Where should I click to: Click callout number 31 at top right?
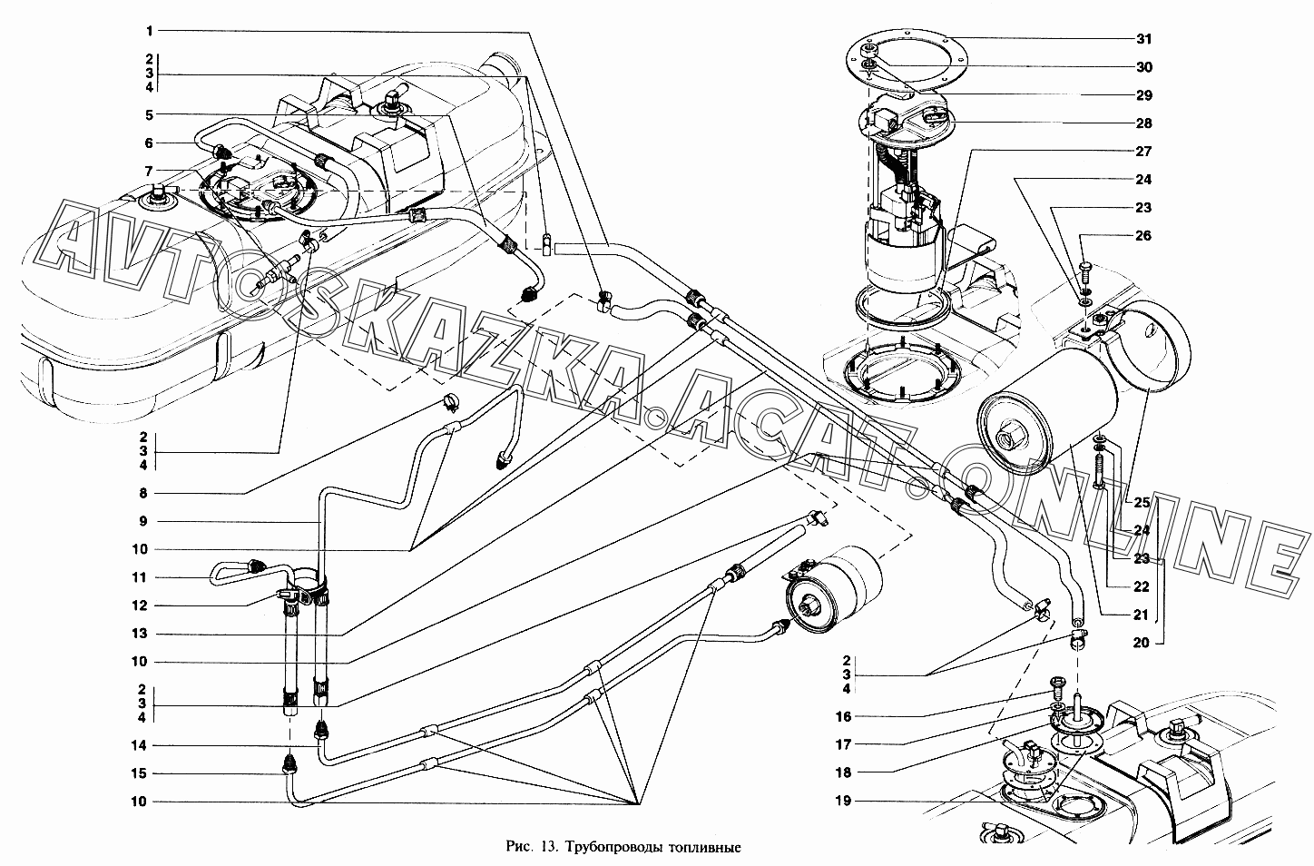1144,39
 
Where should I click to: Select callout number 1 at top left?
150,31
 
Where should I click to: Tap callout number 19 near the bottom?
843,801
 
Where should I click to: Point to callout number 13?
140,634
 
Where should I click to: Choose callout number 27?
1144,152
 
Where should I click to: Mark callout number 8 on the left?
143,494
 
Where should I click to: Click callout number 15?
139,773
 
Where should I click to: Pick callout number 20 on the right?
1141,643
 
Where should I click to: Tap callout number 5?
149,115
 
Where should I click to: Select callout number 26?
1144,236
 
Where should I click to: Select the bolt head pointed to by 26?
1084,267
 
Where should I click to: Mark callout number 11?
139,578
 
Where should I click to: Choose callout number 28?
1144,123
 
